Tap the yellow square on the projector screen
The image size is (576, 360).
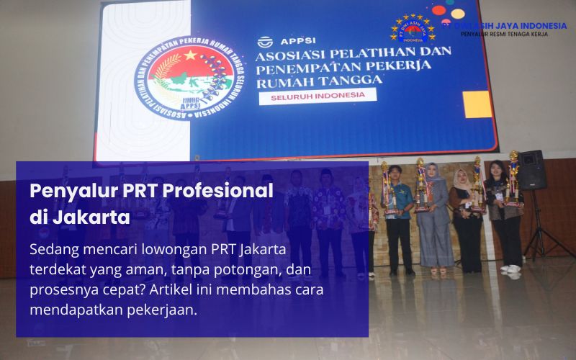pyautogui.click(x=477, y=104)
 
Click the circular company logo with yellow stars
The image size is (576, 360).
pyautogui.click(x=413, y=29)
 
